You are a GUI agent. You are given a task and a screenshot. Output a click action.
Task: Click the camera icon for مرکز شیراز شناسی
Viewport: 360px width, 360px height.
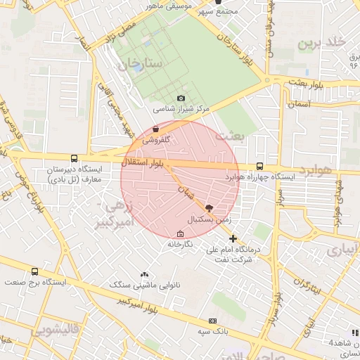pyautogui.click(x=181, y=98)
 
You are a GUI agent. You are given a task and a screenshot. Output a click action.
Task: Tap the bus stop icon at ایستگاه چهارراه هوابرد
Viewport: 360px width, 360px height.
pyautogui.click(x=260, y=167)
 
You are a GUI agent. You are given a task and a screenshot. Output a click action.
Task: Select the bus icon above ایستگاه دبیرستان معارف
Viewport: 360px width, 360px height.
pyautogui.click(x=75, y=159)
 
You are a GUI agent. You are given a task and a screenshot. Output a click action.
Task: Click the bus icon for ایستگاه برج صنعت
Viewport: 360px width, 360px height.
pyautogui.click(x=34, y=271)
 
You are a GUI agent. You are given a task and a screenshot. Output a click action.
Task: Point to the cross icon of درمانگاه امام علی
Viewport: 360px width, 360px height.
pyautogui.click(x=233, y=238)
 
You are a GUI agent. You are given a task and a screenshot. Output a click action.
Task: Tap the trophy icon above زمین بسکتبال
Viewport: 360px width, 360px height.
pyautogui.click(x=208, y=208)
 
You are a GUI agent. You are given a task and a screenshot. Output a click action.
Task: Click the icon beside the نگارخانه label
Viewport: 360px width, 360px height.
pyautogui.click(x=181, y=234)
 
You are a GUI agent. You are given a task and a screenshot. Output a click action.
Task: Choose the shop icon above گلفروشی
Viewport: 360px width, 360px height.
pyautogui.click(x=155, y=129)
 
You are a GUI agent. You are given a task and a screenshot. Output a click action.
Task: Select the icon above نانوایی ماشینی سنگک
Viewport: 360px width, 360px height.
pyautogui.click(x=144, y=274)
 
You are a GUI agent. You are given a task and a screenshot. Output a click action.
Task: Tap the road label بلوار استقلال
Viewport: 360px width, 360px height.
pyautogui.click(x=144, y=163)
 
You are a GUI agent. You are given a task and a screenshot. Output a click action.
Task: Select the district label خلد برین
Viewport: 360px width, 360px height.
pyautogui.click(x=321, y=43)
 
